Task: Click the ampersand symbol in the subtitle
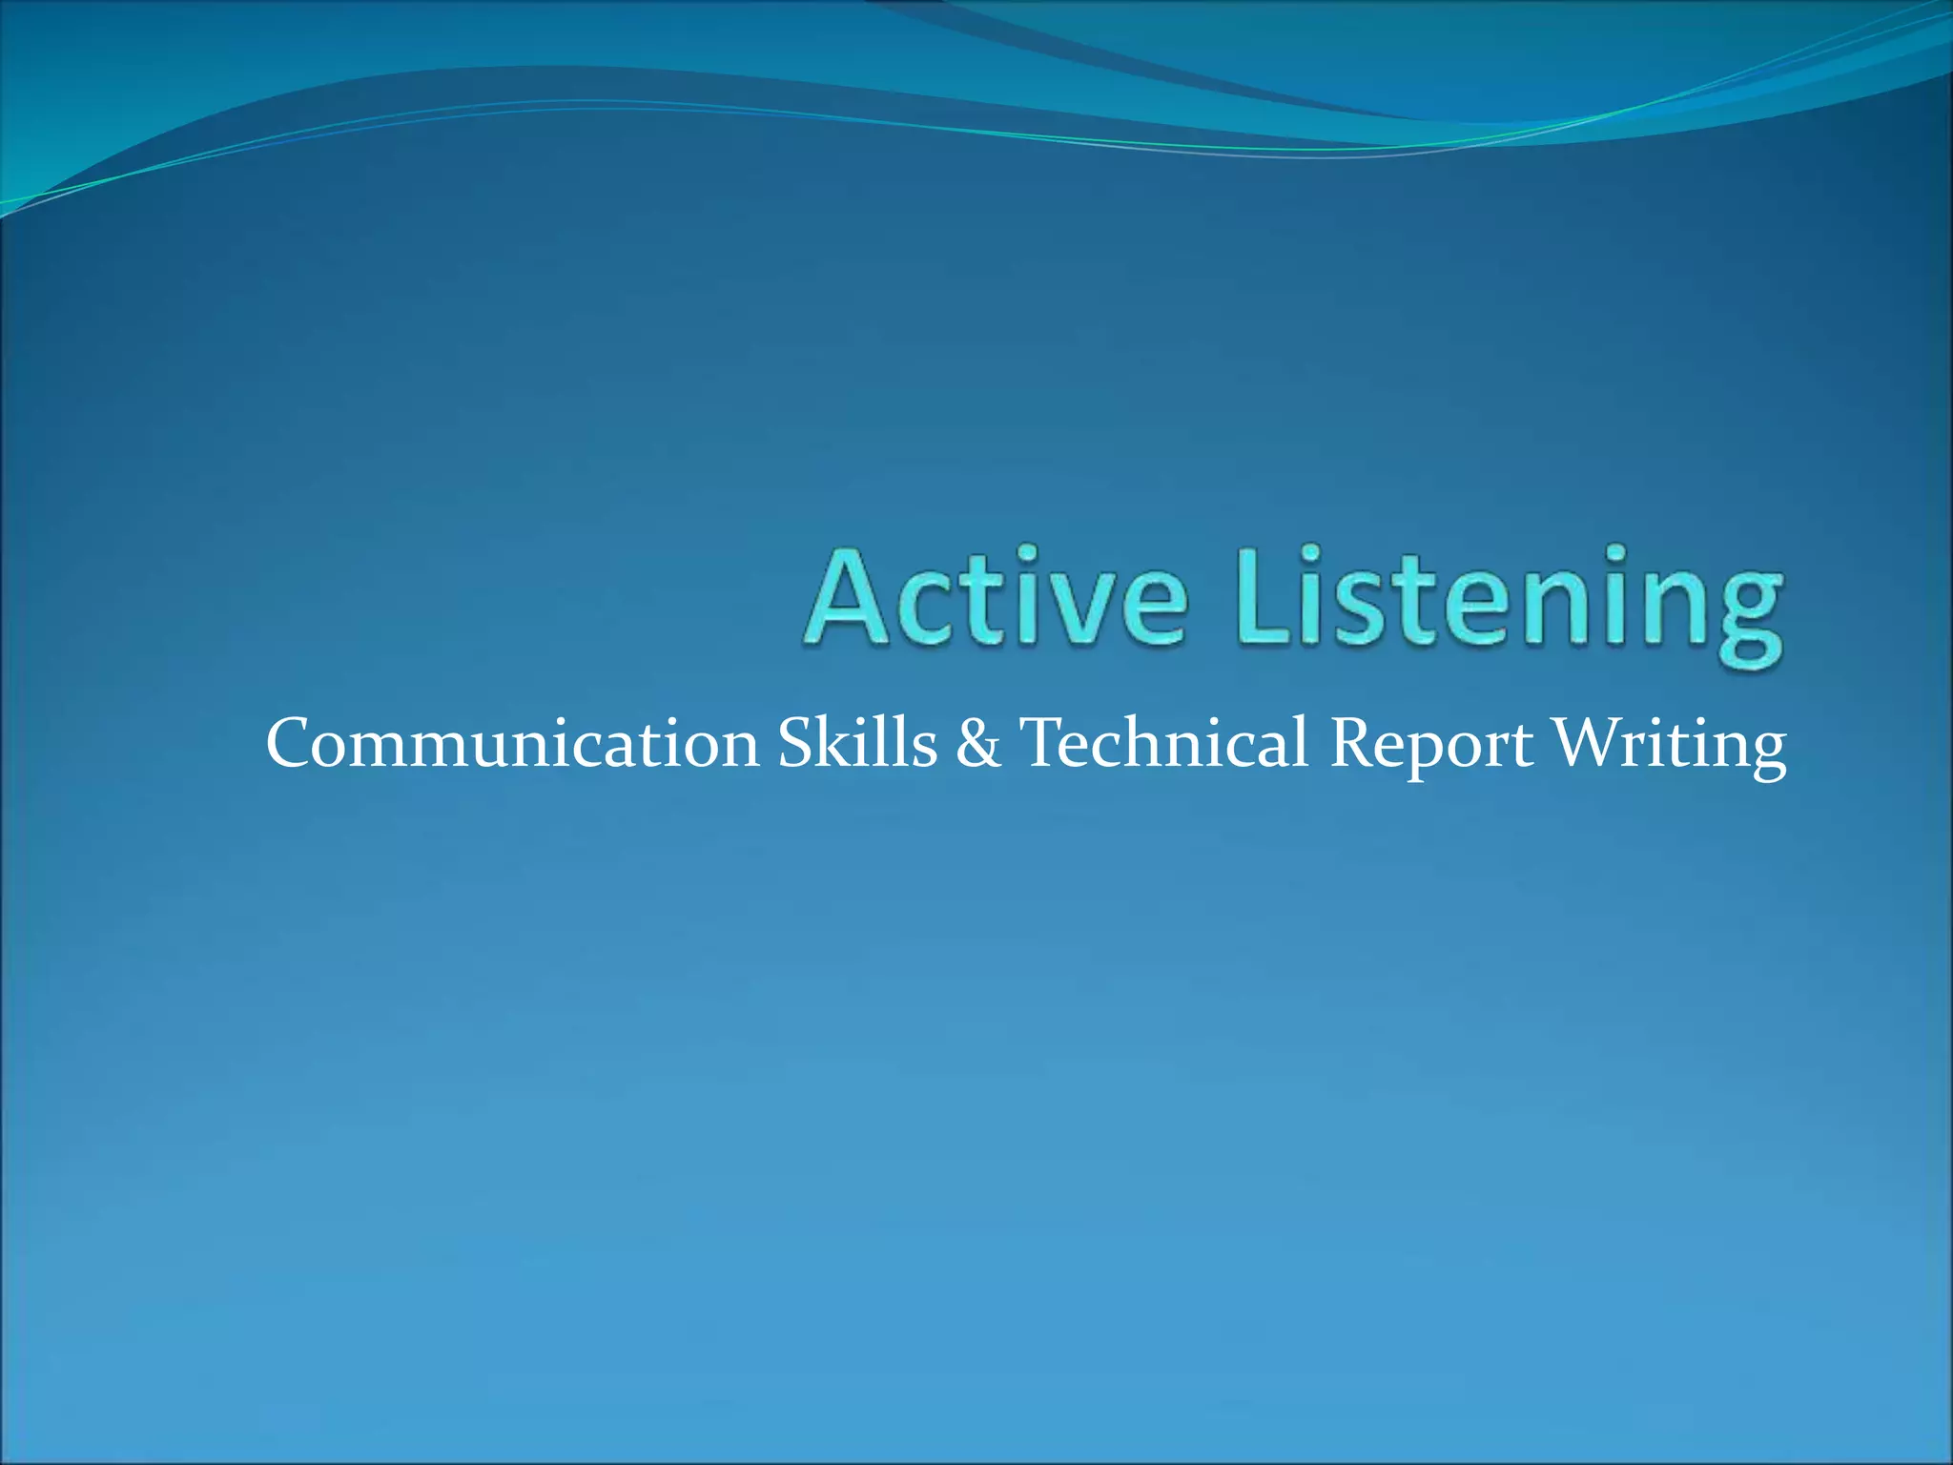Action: pyautogui.click(x=977, y=744)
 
